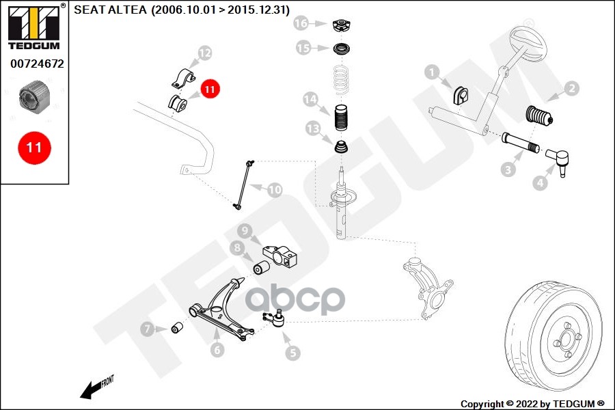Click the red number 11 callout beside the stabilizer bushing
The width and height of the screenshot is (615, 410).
pyautogui.click(x=210, y=89)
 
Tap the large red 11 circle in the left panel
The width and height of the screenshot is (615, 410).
pyautogui.click(x=35, y=148)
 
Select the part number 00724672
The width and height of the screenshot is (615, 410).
pyautogui.click(x=38, y=64)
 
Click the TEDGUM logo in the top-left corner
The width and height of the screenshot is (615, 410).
pyautogui.click(x=34, y=27)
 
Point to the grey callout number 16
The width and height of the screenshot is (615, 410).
pyautogui.click(x=301, y=23)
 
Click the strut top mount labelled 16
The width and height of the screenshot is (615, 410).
pyautogui.click(x=341, y=27)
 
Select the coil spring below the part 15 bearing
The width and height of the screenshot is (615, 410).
pyautogui.click(x=341, y=80)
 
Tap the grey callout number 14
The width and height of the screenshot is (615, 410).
pyautogui.click(x=310, y=99)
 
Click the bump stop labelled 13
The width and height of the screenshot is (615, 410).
pyautogui.click(x=341, y=147)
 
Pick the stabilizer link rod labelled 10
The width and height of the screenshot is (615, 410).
pyautogui.click(x=244, y=184)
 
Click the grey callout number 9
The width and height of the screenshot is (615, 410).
pyautogui.click(x=245, y=230)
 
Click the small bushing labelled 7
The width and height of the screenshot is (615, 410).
pyautogui.click(x=178, y=327)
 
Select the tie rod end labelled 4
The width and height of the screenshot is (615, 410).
pyautogui.click(x=558, y=161)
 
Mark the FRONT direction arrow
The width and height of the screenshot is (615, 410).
pyautogui.click(x=96, y=387)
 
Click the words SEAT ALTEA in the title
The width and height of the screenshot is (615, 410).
pyautogui.click(x=110, y=10)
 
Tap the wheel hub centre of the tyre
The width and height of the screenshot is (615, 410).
pyautogui.click(x=567, y=340)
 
